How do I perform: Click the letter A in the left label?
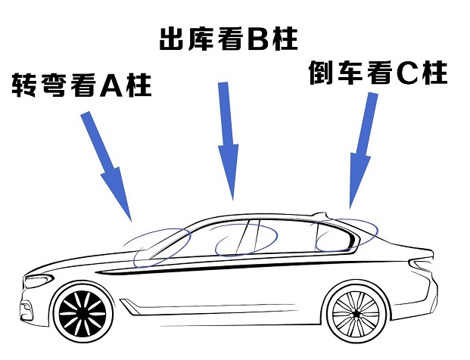pos(111,85)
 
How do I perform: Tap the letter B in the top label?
pos(258,39)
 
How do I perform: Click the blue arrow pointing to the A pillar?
pos(107,166)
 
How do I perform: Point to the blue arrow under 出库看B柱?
pos(228,141)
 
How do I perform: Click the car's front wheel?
pos(82,314)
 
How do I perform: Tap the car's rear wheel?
pos(356,313)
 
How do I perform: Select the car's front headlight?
pos(39,281)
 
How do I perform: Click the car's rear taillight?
pos(422,264)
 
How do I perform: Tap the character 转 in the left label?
pos(23,85)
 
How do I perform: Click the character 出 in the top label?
pos(171,39)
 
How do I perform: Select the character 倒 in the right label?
pos(321,73)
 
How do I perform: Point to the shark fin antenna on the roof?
pos(319,215)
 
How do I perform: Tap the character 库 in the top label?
pos(201,39)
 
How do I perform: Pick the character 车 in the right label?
pos(350,73)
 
